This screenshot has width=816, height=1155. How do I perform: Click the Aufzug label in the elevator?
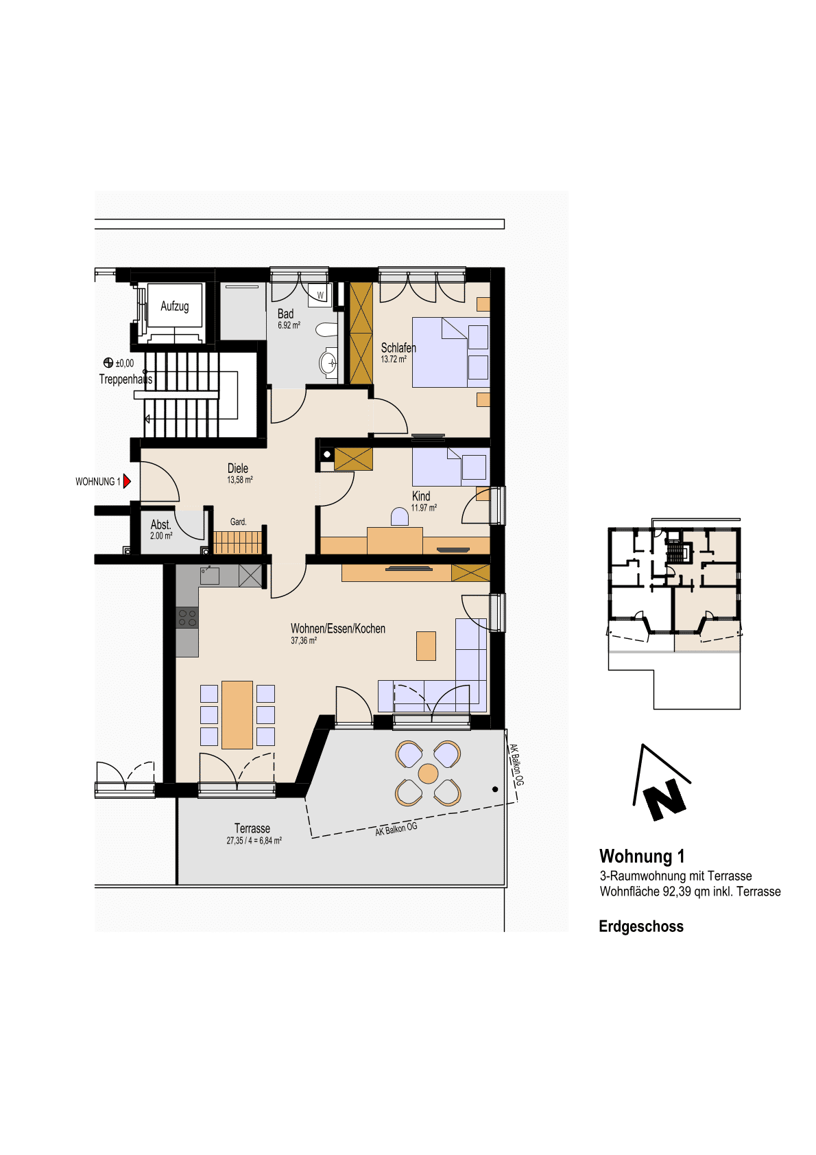click(x=175, y=306)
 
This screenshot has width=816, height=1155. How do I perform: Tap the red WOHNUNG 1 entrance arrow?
click(x=127, y=481)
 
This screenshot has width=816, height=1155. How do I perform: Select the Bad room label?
click(x=285, y=314)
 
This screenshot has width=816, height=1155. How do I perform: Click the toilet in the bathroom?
click(x=326, y=329)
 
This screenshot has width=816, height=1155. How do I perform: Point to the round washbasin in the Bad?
click(x=328, y=362)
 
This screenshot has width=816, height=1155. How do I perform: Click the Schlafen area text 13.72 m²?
click(x=394, y=360)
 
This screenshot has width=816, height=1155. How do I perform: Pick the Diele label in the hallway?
click(x=238, y=468)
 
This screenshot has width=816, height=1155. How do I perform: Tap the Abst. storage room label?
click(x=160, y=524)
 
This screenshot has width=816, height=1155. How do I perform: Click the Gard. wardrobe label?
click(x=238, y=522)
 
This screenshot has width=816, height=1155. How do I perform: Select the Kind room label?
click(x=421, y=496)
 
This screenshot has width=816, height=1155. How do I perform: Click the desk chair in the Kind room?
click(x=399, y=517)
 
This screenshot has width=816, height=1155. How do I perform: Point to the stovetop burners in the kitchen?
click(x=187, y=618)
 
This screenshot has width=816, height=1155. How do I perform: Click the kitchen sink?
click(x=210, y=575)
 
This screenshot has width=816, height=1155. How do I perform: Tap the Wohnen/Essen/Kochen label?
click(x=338, y=629)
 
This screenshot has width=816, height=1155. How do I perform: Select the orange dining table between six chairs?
click(x=237, y=714)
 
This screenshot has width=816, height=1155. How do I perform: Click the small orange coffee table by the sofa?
click(x=426, y=646)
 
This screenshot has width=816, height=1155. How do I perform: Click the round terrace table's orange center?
click(x=428, y=773)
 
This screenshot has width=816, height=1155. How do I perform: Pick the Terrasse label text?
click(x=252, y=828)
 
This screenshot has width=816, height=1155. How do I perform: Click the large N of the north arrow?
click(x=666, y=799)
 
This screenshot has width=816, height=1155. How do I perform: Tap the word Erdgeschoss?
click(x=641, y=926)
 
